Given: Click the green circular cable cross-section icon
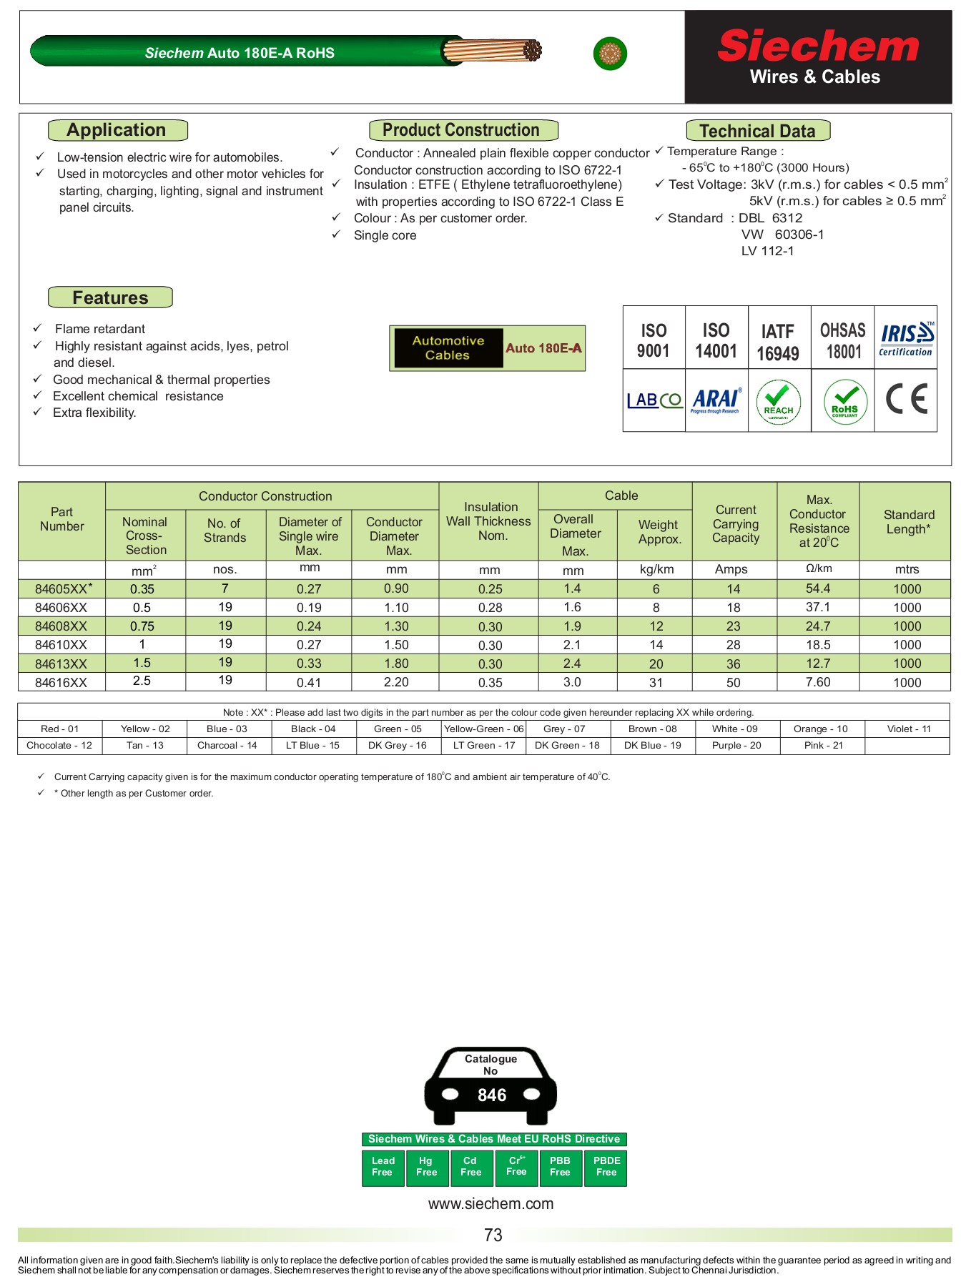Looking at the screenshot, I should click(610, 54).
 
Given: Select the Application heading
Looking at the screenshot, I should click(117, 130).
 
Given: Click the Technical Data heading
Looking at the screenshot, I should click(757, 131).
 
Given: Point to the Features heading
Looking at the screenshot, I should click(110, 297).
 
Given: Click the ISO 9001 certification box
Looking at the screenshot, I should click(654, 340).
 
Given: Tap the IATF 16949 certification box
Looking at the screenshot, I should click(778, 341).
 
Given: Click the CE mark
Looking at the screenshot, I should click(906, 399).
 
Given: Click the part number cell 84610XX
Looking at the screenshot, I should click(61, 645).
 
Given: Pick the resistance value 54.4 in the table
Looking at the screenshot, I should click(818, 588).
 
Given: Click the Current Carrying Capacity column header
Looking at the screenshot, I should click(735, 524).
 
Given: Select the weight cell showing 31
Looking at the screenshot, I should click(656, 682).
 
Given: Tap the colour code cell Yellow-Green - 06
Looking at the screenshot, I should click(483, 729).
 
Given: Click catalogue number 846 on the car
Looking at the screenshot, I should click(492, 1095).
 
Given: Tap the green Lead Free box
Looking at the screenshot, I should click(383, 1166).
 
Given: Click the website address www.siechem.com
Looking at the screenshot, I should click(491, 1203).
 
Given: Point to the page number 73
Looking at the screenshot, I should click(493, 1235).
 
